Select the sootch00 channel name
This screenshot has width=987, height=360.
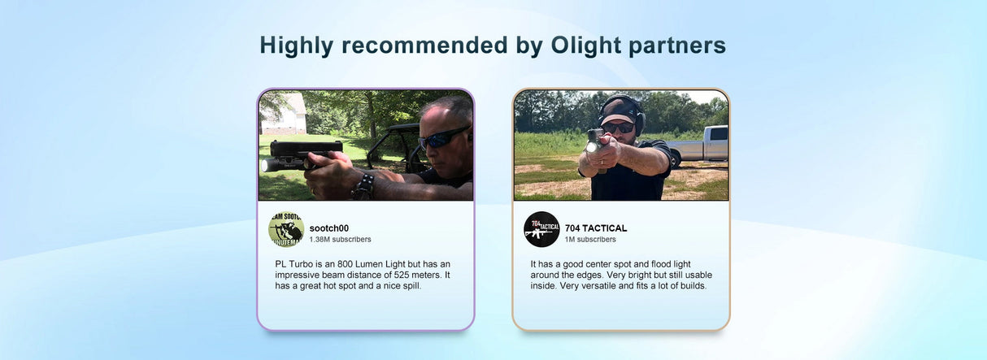click(329, 228)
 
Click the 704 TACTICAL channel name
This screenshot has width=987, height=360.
click(596, 228)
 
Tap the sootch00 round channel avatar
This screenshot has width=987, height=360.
click(286, 230)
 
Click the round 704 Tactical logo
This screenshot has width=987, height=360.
click(541, 230)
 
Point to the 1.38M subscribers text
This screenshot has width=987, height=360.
click(340, 240)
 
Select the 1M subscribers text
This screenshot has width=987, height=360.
click(590, 240)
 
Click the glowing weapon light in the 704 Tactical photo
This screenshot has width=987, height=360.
click(591, 146)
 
